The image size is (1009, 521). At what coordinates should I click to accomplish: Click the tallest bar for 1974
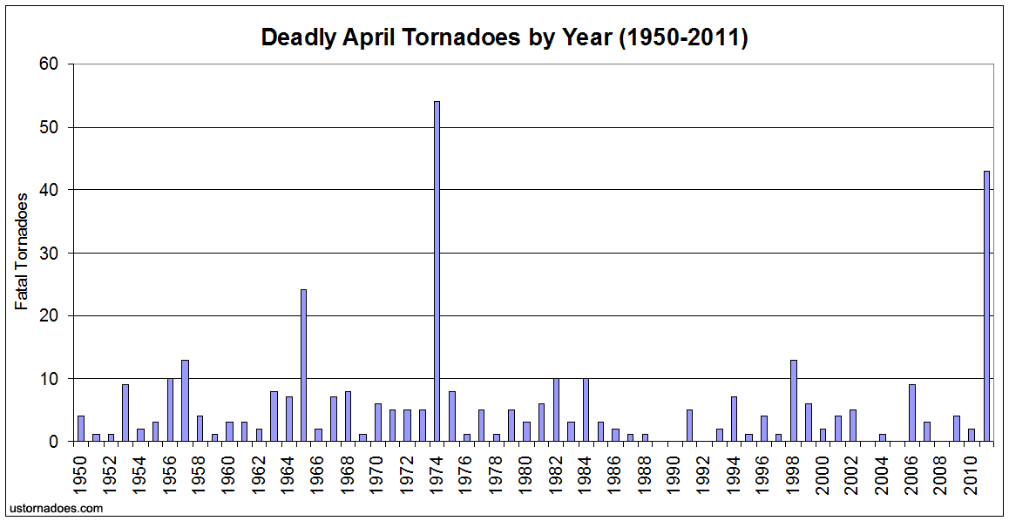[x=437, y=271]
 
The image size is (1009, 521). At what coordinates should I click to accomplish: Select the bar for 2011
[x=986, y=306]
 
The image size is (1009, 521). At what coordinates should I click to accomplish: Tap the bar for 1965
[x=303, y=365]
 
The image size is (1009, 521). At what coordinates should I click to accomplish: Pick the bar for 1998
[x=793, y=400]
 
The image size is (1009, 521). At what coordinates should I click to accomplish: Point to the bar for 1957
[x=185, y=400]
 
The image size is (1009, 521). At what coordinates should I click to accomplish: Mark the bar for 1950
[x=80, y=428]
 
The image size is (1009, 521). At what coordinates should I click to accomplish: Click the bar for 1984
[x=586, y=409]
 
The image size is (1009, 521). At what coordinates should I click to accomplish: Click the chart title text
[x=504, y=38]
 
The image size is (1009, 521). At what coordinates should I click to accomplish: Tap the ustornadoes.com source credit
[x=56, y=507]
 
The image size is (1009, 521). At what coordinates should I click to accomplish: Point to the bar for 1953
[x=125, y=413]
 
